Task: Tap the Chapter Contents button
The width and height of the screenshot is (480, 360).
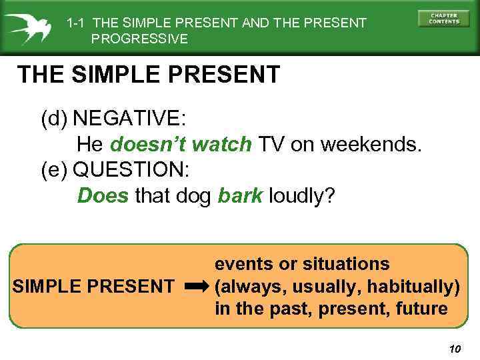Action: click(x=443, y=19)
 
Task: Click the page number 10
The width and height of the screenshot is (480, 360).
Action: click(x=455, y=349)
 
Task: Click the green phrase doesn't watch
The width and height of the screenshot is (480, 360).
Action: click(x=181, y=143)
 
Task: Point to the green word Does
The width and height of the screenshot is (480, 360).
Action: click(x=103, y=195)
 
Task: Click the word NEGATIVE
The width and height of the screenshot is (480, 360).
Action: click(x=129, y=118)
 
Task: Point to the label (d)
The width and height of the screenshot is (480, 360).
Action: click(x=54, y=118)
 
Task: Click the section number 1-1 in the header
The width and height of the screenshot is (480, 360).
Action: click(x=76, y=23)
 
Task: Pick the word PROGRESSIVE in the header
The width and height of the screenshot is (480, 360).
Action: click(x=139, y=39)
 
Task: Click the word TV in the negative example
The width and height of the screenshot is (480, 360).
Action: click(x=271, y=143)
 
